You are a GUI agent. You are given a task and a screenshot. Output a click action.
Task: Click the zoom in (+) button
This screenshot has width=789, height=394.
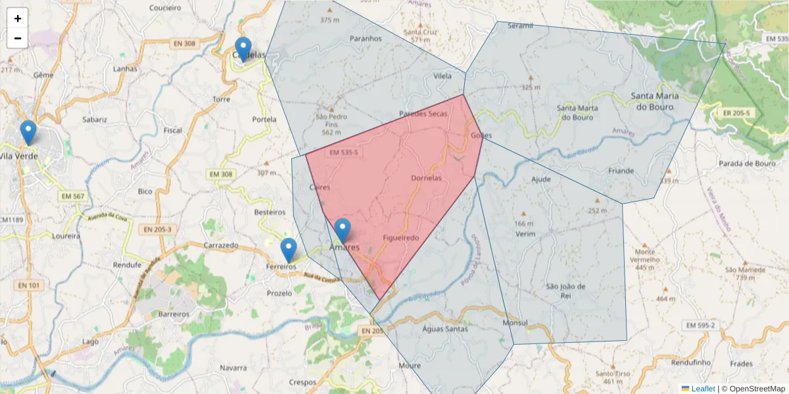(x=18, y=18)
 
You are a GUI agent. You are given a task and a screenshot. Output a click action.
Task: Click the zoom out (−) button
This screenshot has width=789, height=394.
(x=18, y=38)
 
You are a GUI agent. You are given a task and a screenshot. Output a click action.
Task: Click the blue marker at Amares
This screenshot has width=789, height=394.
(x=342, y=230)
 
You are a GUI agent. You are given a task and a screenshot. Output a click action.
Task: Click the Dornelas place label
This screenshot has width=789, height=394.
(x=425, y=178)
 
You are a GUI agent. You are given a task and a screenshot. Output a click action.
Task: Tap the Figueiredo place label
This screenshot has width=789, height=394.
(x=400, y=238)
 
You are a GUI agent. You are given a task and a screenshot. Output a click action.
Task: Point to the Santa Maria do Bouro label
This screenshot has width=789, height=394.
(x=653, y=101)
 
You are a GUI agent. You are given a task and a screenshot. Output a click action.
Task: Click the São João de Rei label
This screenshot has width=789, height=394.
(x=565, y=291)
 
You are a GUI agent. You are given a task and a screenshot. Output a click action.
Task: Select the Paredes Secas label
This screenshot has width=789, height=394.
(x=423, y=114)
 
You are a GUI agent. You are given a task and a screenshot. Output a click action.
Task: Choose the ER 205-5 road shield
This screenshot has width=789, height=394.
(x=736, y=113)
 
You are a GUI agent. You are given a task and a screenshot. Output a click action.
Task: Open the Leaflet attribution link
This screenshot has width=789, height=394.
(x=702, y=389)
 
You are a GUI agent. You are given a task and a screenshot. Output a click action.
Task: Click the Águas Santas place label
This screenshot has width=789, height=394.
(x=445, y=328)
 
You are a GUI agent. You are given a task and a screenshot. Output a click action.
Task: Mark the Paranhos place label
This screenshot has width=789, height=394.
(x=366, y=38)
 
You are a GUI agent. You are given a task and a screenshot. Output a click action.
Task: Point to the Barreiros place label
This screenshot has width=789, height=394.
(x=174, y=314)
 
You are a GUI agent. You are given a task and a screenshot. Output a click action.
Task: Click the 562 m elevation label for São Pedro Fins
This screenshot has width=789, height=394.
(x=330, y=132)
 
